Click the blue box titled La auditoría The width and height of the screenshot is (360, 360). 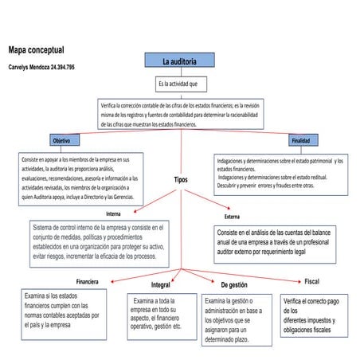coord(180,61)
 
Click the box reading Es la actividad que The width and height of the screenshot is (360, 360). coord(182,84)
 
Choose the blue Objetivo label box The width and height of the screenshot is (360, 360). coord(59,140)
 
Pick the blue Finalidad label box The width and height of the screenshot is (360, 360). coord(300,140)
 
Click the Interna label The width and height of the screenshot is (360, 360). coord(113,213)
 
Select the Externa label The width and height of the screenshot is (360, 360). coord(232,216)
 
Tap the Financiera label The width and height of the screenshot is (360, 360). coord(87,282)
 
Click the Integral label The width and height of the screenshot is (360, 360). coord(160,285)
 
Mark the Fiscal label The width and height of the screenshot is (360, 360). coord(311,281)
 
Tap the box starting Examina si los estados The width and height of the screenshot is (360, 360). coord(61,312)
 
